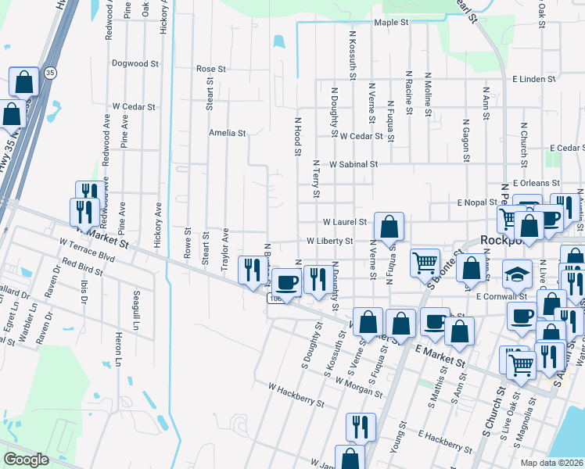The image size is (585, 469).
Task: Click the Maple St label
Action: point(392,23)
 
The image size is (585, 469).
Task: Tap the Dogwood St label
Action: point(135,63)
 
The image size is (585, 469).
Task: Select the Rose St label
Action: point(211,69)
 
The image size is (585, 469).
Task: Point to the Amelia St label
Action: point(227,133)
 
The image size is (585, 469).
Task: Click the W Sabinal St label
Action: point(354,165)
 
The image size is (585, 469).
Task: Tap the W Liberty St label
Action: point(330,241)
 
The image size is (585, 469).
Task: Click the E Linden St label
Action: point(534,79)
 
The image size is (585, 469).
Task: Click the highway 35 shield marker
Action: point(50,73)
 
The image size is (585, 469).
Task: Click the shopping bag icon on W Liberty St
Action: point(389,227)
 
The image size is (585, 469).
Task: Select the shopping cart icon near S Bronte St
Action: point(425,263)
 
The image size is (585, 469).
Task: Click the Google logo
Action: point(26,460)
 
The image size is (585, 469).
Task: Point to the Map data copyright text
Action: point(552,464)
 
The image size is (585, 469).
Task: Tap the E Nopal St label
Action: point(478,202)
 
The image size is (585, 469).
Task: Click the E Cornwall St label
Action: point(501,297)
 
